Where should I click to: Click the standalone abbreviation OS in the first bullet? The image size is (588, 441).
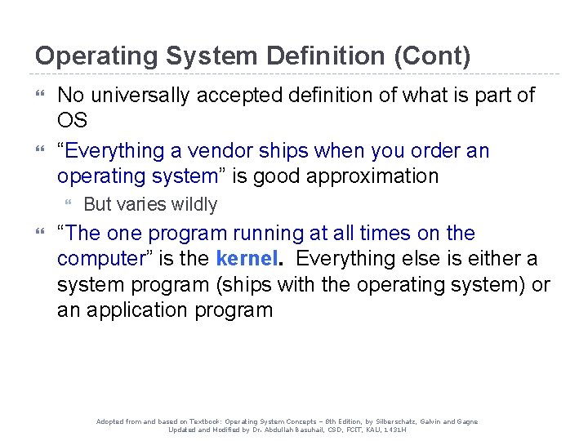coord(72,120)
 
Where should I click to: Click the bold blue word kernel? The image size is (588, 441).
coord(248,259)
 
